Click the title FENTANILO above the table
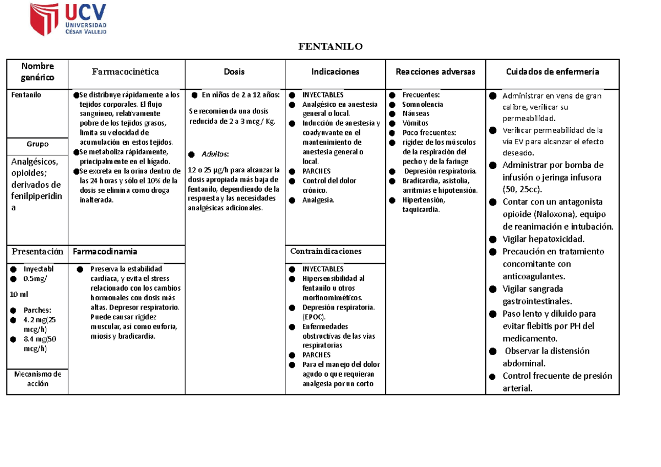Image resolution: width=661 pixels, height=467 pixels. coord(330,46)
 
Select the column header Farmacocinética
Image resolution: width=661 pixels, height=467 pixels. coord(126,72)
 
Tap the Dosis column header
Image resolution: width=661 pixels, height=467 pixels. coord(234,72)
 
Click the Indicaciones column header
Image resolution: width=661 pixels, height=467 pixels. coord(335,72)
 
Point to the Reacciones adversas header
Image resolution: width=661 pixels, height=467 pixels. coord(435,72)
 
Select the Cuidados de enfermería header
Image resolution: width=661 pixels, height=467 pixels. coord(552,72)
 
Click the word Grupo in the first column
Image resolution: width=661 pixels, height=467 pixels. coord(37,144)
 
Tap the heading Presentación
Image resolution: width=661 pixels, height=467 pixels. coord(37,252)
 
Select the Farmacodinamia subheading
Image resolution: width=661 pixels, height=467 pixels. coord(105,252)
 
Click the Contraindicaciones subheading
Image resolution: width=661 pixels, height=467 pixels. coord(326,252)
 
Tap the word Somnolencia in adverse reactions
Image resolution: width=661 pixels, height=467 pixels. coord(422,105)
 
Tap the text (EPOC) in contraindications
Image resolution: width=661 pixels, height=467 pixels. coord(314,317)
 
